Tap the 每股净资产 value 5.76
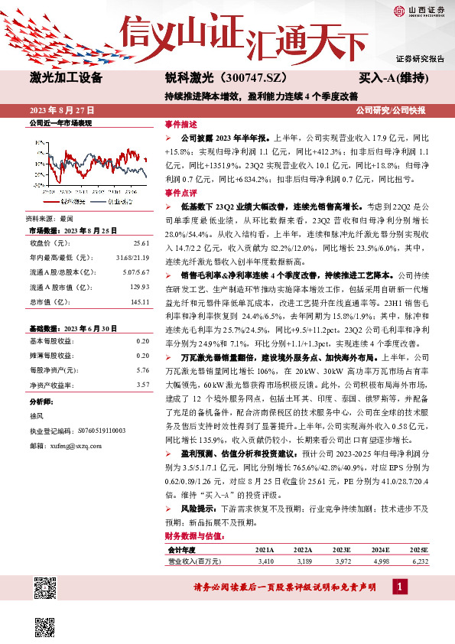[142, 369]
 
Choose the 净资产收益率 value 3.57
[142, 385]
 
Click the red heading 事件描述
[180, 124]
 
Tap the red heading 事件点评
[180, 194]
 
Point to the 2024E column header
[380, 550]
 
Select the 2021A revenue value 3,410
[265, 561]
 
